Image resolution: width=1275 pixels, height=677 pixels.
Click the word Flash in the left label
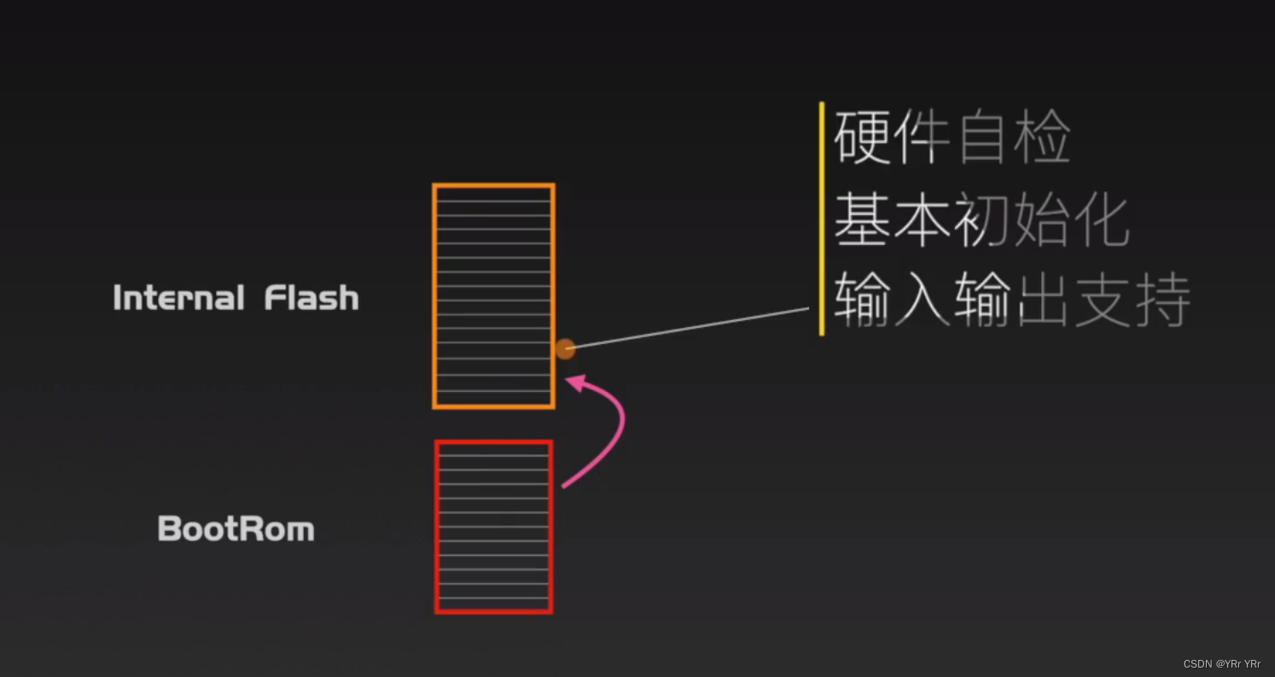[311, 298]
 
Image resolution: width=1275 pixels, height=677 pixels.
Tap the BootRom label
[236, 529]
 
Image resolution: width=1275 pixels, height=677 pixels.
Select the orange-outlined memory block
[493, 295]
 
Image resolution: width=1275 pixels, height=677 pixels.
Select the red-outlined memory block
[493, 526]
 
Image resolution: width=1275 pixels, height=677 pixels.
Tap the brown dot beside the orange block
[565, 348]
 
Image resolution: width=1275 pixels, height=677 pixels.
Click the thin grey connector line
[687, 328]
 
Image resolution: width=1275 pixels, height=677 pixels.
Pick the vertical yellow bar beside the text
[822, 219]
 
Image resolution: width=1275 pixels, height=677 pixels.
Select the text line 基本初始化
[981, 220]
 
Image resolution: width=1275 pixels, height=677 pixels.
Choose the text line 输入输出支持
[1011, 301]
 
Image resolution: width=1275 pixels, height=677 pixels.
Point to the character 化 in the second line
[1102, 220]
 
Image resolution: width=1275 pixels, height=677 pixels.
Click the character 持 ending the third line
[1161, 301]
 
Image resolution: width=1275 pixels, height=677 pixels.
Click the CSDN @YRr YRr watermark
[1221, 664]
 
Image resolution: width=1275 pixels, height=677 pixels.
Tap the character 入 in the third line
[922, 301]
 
